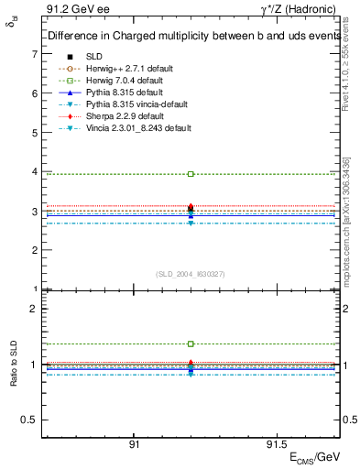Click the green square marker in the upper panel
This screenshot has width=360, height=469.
[x=191, y=173]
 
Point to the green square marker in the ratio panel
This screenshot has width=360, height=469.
[x=191, y=344]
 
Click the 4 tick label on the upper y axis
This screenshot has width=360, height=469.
[x=34, y=171]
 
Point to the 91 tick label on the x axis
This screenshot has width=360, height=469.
[x=134, y=442]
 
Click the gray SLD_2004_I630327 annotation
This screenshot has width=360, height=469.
[x=191, y=274]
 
